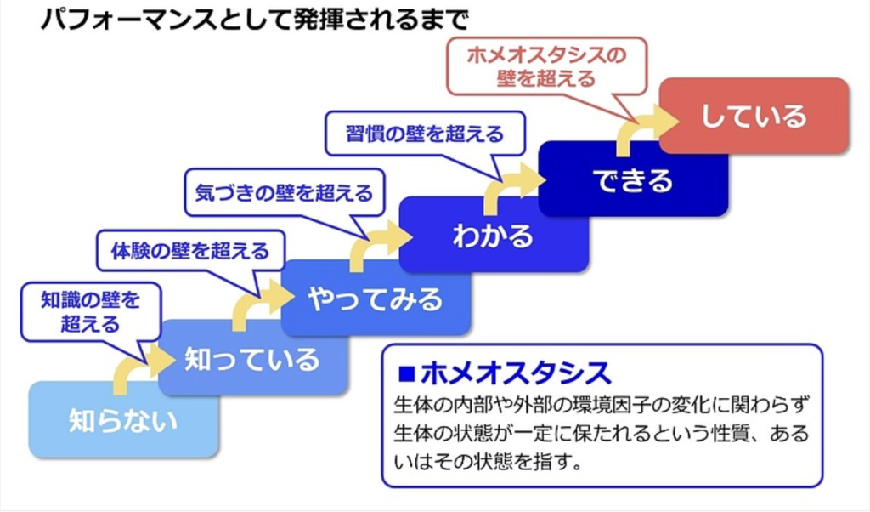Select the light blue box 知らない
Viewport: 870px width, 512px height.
[x=123, y=420]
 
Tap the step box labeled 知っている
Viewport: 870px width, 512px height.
[x=252, y=358]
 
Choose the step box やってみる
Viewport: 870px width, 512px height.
[x=375, y=299]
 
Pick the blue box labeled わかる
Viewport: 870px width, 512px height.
[x=493, y=235]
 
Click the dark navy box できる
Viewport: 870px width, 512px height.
[x=633, y=179]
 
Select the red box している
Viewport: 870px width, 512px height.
[x=753, y=116]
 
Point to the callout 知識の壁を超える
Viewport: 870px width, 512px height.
[x=89, y=310]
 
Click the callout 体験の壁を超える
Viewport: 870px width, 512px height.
[x=190, y=251]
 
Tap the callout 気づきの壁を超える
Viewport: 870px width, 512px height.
[x=284, y=193]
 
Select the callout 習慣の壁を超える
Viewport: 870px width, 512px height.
[x=424, y=134]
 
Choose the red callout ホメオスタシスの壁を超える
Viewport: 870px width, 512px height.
[x=546, y=67]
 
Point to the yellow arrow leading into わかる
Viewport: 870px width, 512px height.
[x=370, y=244]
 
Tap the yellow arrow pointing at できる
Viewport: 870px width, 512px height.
[x=510, y=185]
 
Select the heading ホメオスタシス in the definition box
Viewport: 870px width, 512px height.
[x=515, y=373]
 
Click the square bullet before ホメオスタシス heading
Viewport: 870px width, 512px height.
[x=405, y=373]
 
